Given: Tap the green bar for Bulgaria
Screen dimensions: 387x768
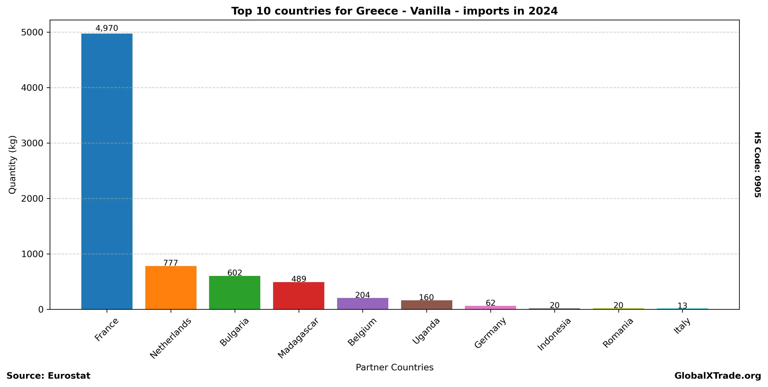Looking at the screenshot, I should [235, 293].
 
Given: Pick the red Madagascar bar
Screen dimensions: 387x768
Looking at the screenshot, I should [298, 295].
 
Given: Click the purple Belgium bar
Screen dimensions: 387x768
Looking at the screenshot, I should [362, 304].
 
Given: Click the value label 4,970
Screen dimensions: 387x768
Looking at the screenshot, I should [107, 28].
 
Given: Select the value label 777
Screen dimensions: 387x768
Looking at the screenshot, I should [171, 263].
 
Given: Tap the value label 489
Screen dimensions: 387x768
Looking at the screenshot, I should [298, 279].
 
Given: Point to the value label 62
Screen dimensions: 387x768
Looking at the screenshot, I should [490, 303].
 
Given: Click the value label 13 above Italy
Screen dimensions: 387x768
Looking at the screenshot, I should [682, 306].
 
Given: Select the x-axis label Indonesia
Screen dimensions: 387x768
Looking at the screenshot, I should [554, 334].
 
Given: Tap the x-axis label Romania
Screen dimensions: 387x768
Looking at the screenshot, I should [618, 333].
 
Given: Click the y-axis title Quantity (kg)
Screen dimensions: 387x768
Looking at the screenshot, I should [12, 165].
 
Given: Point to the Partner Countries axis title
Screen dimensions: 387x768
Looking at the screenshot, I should [394, 367].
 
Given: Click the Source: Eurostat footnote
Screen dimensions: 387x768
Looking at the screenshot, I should [48, 376].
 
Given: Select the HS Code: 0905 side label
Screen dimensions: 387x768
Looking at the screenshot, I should [758, 165].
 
